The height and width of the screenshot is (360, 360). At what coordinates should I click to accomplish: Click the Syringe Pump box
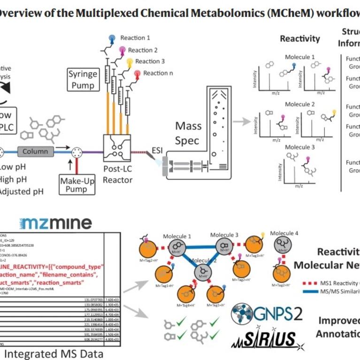[83, 80]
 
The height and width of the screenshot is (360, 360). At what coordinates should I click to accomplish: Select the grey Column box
[35, 152]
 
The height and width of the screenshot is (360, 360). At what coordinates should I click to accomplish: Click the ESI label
[157, 150]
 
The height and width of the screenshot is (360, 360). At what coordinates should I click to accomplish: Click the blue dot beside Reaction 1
[112, 38]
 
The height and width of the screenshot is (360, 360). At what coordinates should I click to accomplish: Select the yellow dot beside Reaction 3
[129, 61]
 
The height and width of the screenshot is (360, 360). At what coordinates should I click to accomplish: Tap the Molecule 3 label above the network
[224, 235]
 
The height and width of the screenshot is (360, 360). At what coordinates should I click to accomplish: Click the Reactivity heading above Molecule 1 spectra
[299, 39]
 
